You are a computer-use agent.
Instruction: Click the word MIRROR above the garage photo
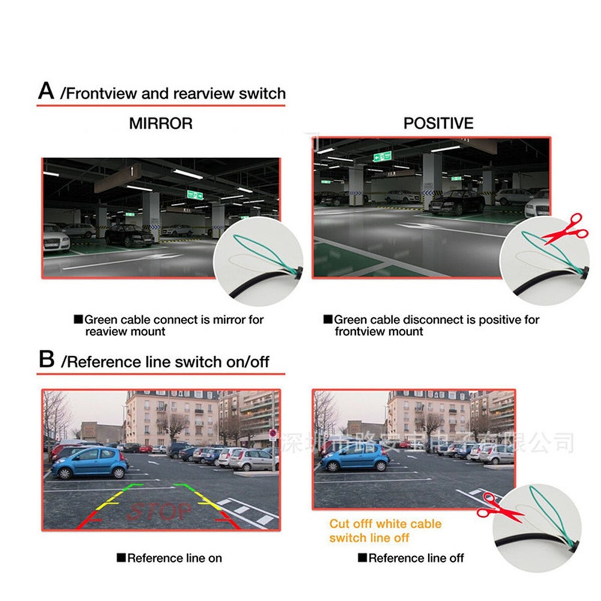[160, 124]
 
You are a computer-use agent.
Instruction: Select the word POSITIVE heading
[438, 124]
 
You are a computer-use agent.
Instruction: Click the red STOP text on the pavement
[159, 511]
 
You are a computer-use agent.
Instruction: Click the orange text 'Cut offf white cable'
[385, 524]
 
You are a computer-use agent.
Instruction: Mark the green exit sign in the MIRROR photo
[194, 194]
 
